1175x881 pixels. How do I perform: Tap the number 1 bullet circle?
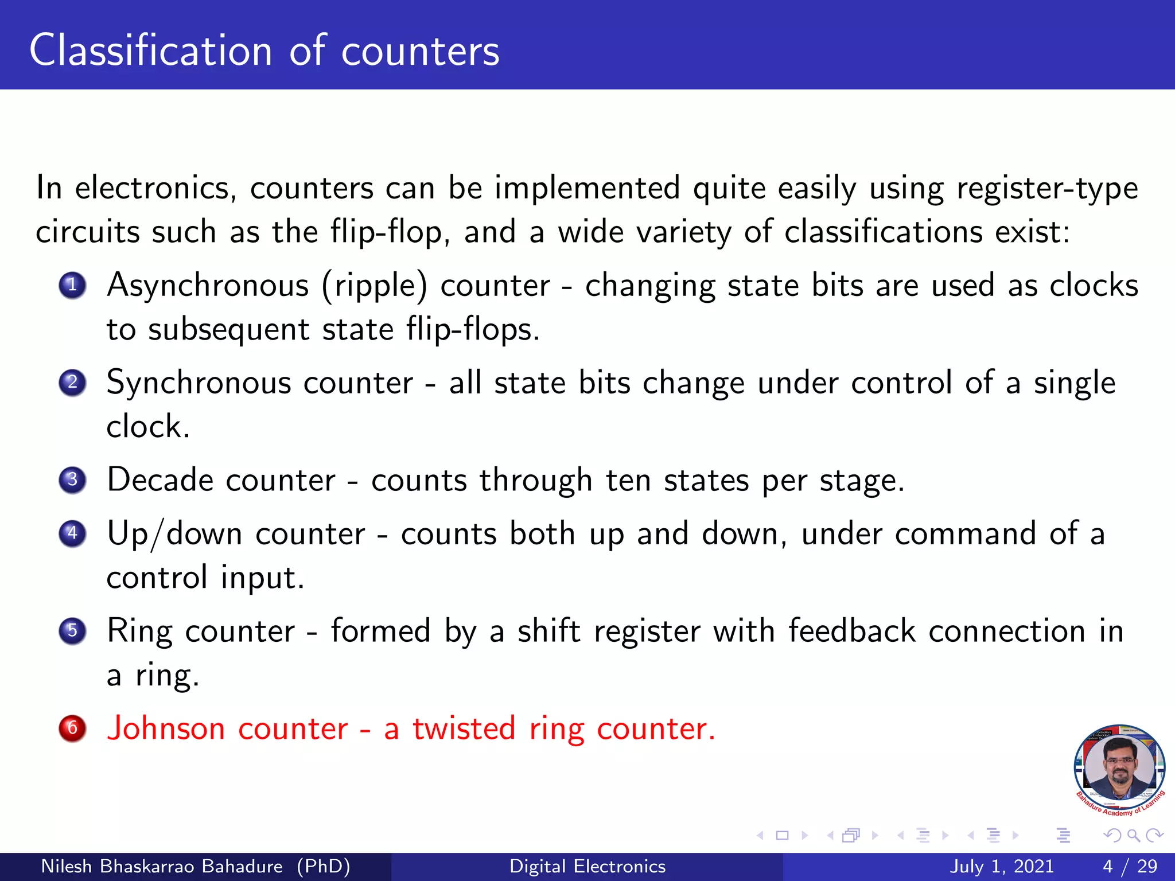[x=72, y=285]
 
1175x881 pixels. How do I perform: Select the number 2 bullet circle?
[x=72, y=382]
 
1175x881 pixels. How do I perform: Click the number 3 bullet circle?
[x=72, y=480]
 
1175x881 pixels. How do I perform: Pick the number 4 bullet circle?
[x=72, y=533]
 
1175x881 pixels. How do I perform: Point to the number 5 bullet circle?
[x=72, y=631]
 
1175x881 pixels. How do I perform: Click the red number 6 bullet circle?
[x=72, y=728]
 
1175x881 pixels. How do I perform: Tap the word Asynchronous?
[x=208, y=286]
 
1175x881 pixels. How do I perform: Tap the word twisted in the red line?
[x=464, y=728]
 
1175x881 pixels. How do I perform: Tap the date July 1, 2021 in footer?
[x=1002, y=866]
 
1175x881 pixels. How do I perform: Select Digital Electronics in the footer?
[x=587, y=866]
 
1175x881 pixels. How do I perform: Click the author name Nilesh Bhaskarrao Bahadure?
[x=162, y=866]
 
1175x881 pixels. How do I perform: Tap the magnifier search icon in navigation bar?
[x=1133, y=835]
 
